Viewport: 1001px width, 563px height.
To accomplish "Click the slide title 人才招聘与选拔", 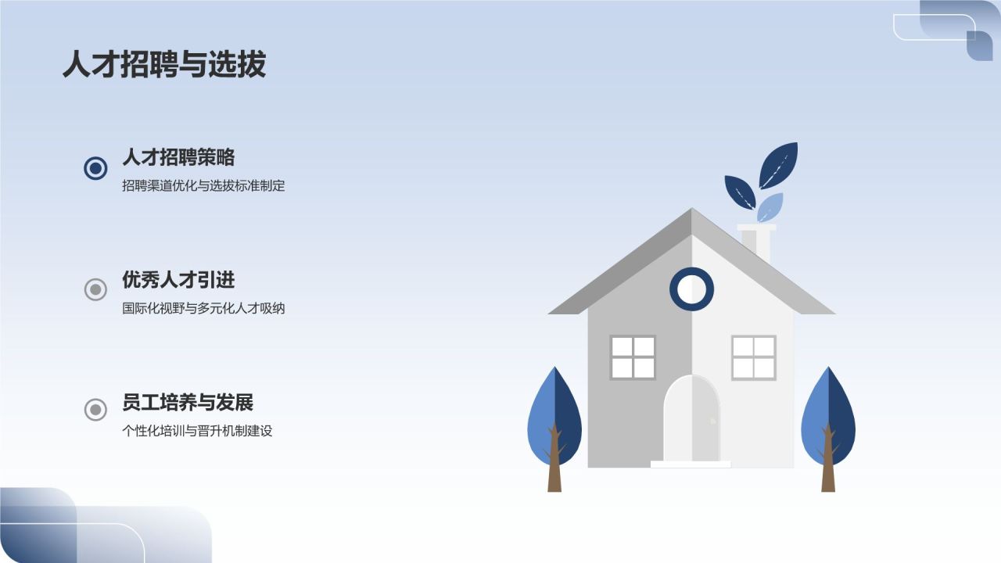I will pyautogui.click(x=164, y=64).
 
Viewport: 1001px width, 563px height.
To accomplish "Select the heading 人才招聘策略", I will pyautogui.click(x=178, y=157).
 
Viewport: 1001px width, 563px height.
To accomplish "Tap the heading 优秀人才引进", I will pyautogui.click(x=178, y=279).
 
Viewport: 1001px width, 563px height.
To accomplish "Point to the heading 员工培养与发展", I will pyautogui.click(x=188, y=403).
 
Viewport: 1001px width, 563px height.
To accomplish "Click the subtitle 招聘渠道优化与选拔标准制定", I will pyautogui.click(x=203, y=186).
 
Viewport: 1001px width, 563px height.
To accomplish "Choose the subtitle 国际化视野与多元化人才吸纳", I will pyautogui.click(x=203, y=308).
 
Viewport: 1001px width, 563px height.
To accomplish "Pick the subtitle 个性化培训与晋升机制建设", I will pyautogui.click(x=197, y=431).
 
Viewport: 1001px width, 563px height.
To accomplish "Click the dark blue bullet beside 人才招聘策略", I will pyautogui.click(x=95, y=167).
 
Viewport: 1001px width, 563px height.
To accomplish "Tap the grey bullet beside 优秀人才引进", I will pyautogui.click(x=95, y=290).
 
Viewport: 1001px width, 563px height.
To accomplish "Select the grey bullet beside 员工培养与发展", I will pyautogui.click(x=95, y=409).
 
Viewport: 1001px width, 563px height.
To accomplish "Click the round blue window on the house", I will pyautogui.click(x=691, y=289).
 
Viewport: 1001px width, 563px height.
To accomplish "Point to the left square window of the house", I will pyautogui.click(x=633, y=357).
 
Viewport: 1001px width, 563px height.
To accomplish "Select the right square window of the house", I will pyautogui.click(x=753, y=357).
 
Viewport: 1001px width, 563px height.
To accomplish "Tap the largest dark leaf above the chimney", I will pyautogui.click(x=779, y=164).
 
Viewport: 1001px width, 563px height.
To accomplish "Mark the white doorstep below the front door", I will pyautogui.click(x=691, y=464).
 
